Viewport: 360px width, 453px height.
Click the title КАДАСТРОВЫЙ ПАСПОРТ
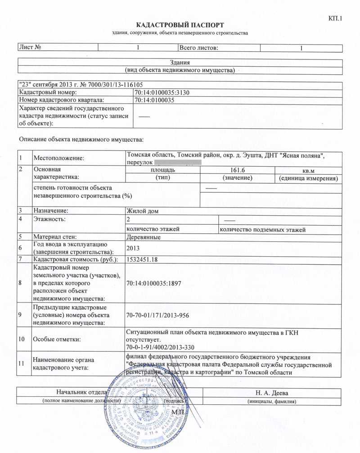[x=180, y=25]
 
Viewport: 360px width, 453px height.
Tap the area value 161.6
[x=237, y=170]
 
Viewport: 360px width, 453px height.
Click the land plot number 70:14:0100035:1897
[x=156, y=284]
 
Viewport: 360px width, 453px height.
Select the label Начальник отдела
[x=81, y=393]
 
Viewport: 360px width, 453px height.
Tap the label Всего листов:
[x=198, y=47]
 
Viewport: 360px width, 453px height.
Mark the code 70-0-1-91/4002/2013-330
[x=161, y=347]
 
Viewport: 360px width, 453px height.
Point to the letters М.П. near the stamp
[x=179, y=412]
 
